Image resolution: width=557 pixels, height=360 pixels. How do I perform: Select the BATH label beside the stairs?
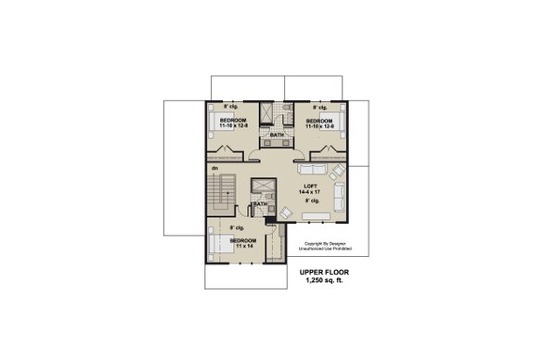click(x=260, y=204)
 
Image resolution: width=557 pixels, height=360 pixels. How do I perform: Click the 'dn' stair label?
click(x=214, y=168)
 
